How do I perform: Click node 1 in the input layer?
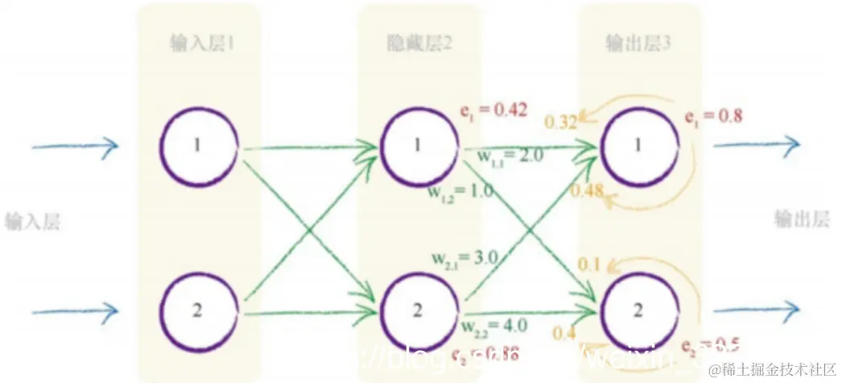(x=199, y=146)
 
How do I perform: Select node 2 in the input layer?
(x=199, y=310)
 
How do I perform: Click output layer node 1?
(x=638, y=146)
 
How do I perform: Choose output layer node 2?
(x=638, y=310)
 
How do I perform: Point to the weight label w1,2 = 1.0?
(x=460, y=194)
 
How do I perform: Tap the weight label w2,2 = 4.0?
(x=494, y=326)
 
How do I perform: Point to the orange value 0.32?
(x=561, y=123)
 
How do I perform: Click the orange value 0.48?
(x=586, y=191)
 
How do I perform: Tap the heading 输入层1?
(x=201, y=42)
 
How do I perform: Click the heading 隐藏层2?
(x=419, y=42)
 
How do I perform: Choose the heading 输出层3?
(x=639, y=42)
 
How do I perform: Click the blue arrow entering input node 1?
(x=75, y=146)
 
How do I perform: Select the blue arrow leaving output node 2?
(x=757, y=310)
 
